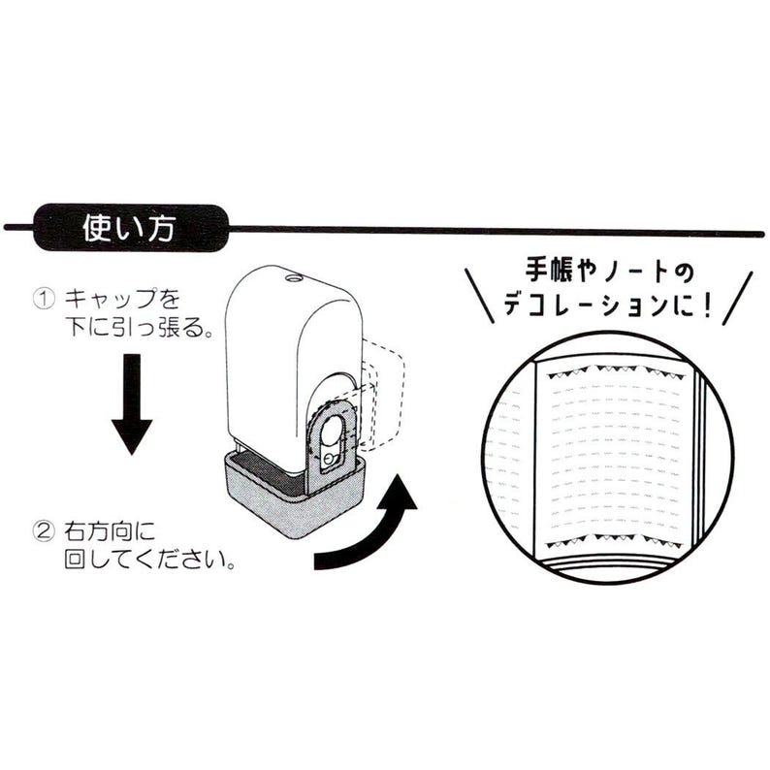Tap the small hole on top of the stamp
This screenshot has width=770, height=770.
(x=291, y=277)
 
